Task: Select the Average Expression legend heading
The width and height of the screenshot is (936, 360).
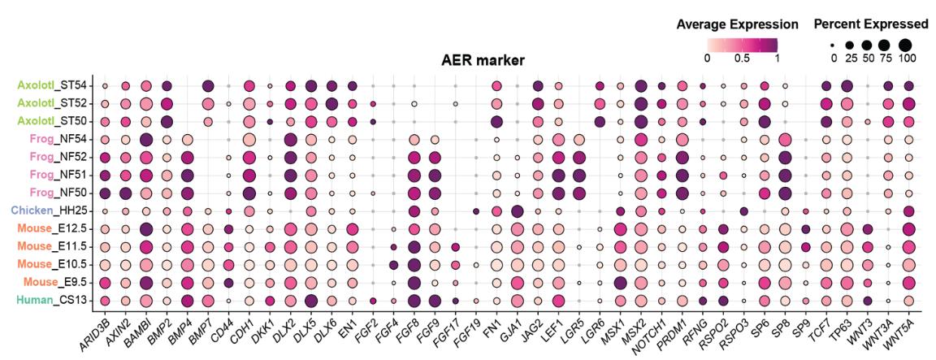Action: (737, 24)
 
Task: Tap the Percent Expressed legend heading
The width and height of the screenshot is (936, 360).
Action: (871, 24)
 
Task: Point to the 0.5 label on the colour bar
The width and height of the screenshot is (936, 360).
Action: (740, 58)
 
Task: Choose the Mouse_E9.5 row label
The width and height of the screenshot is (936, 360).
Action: (50, 282)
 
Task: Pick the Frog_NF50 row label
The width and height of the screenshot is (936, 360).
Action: (52, 193)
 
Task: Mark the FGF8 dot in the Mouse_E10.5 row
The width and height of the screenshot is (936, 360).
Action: (414, 265)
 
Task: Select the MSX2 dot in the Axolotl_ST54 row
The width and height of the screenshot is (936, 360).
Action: (640, 86)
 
